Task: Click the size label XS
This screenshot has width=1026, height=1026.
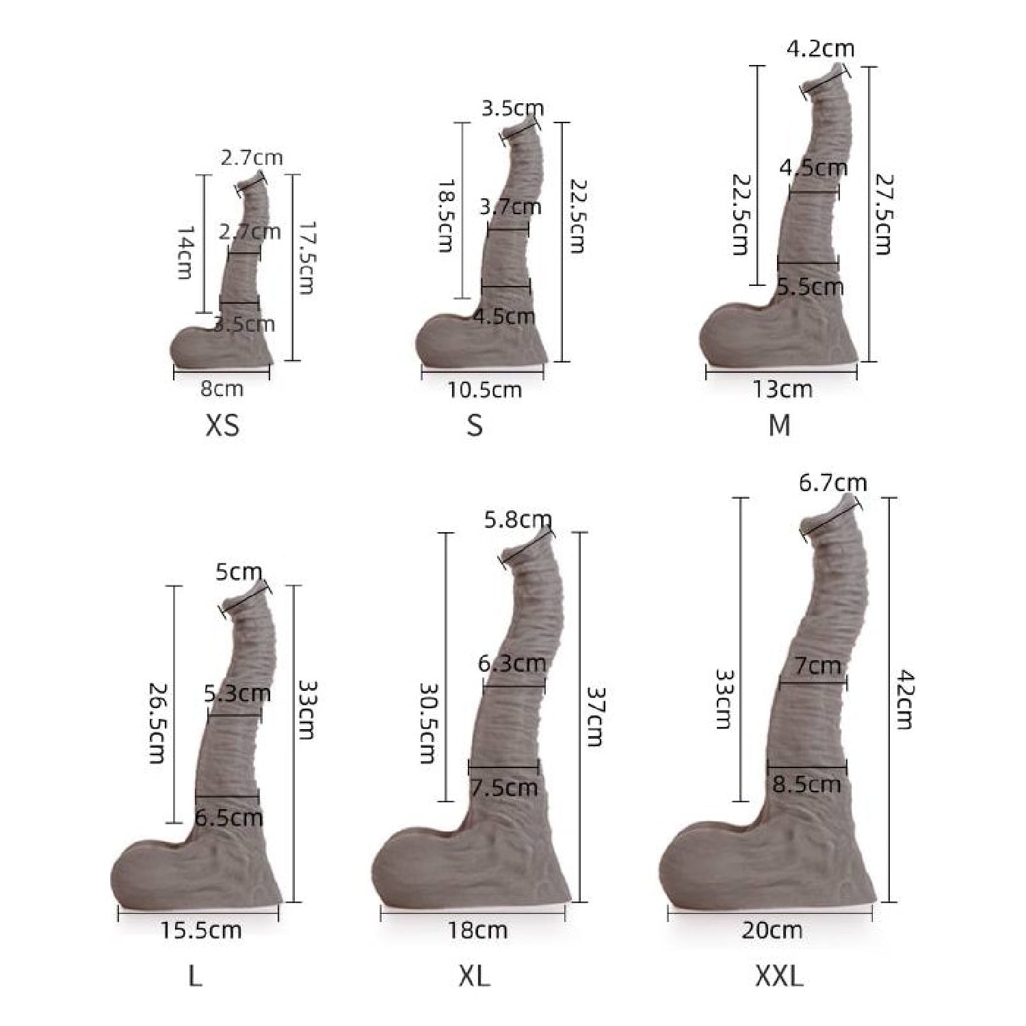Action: [x=222, y=425]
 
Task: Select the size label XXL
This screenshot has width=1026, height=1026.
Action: [x=779, y=977]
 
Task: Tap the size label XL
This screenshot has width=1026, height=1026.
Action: [x=474, y=977]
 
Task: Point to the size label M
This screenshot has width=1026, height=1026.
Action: [x=779, y=425]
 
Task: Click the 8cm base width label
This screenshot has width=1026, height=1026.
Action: [x=222, y=389]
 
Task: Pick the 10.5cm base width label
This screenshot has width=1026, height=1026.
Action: [x=484, y=390]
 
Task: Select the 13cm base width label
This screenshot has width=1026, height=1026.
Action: [x=782, y=389]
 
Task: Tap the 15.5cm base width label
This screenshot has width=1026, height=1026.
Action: [x=201, y=930]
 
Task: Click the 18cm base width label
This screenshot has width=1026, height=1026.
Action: [x=477, y=930]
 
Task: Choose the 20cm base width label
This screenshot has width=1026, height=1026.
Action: [x=772, y=930]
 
